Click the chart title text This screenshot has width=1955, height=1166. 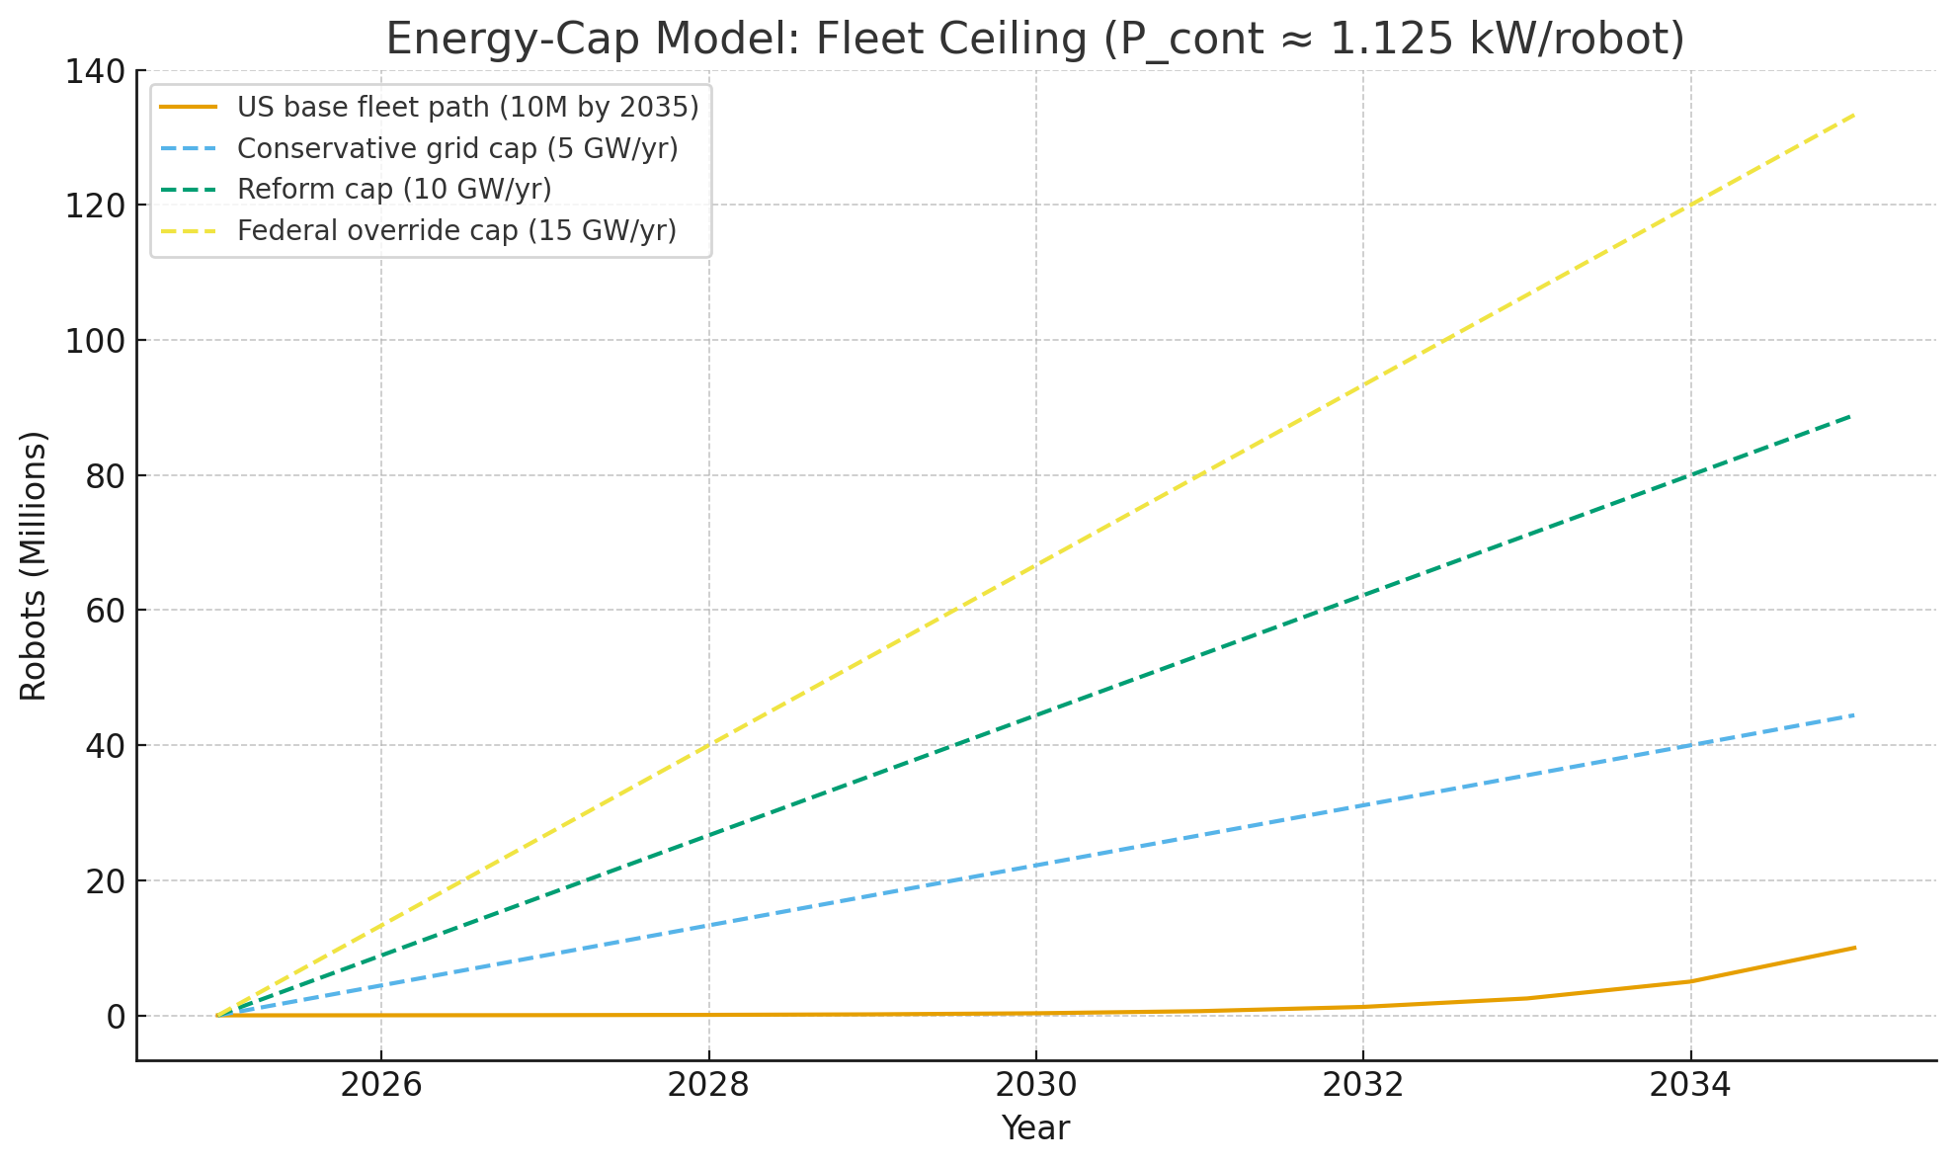1034,40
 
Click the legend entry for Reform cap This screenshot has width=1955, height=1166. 394,189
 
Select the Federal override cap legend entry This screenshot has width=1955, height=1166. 456,230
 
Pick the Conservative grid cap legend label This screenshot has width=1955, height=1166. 457,148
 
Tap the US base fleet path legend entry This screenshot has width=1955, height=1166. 467,107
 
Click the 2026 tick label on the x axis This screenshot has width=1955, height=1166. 380,1085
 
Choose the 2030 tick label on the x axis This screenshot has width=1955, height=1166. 1035,1085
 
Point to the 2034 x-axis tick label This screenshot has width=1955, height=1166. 1690,1085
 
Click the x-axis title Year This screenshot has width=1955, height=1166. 1035,1127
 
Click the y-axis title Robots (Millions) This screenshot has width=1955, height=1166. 34,565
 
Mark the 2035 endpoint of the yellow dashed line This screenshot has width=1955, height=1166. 1854,115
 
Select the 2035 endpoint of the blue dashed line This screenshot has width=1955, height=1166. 1854,714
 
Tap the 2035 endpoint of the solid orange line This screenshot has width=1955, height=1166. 1854,948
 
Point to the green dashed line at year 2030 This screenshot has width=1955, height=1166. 1035,715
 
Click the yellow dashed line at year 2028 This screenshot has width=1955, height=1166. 708,745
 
